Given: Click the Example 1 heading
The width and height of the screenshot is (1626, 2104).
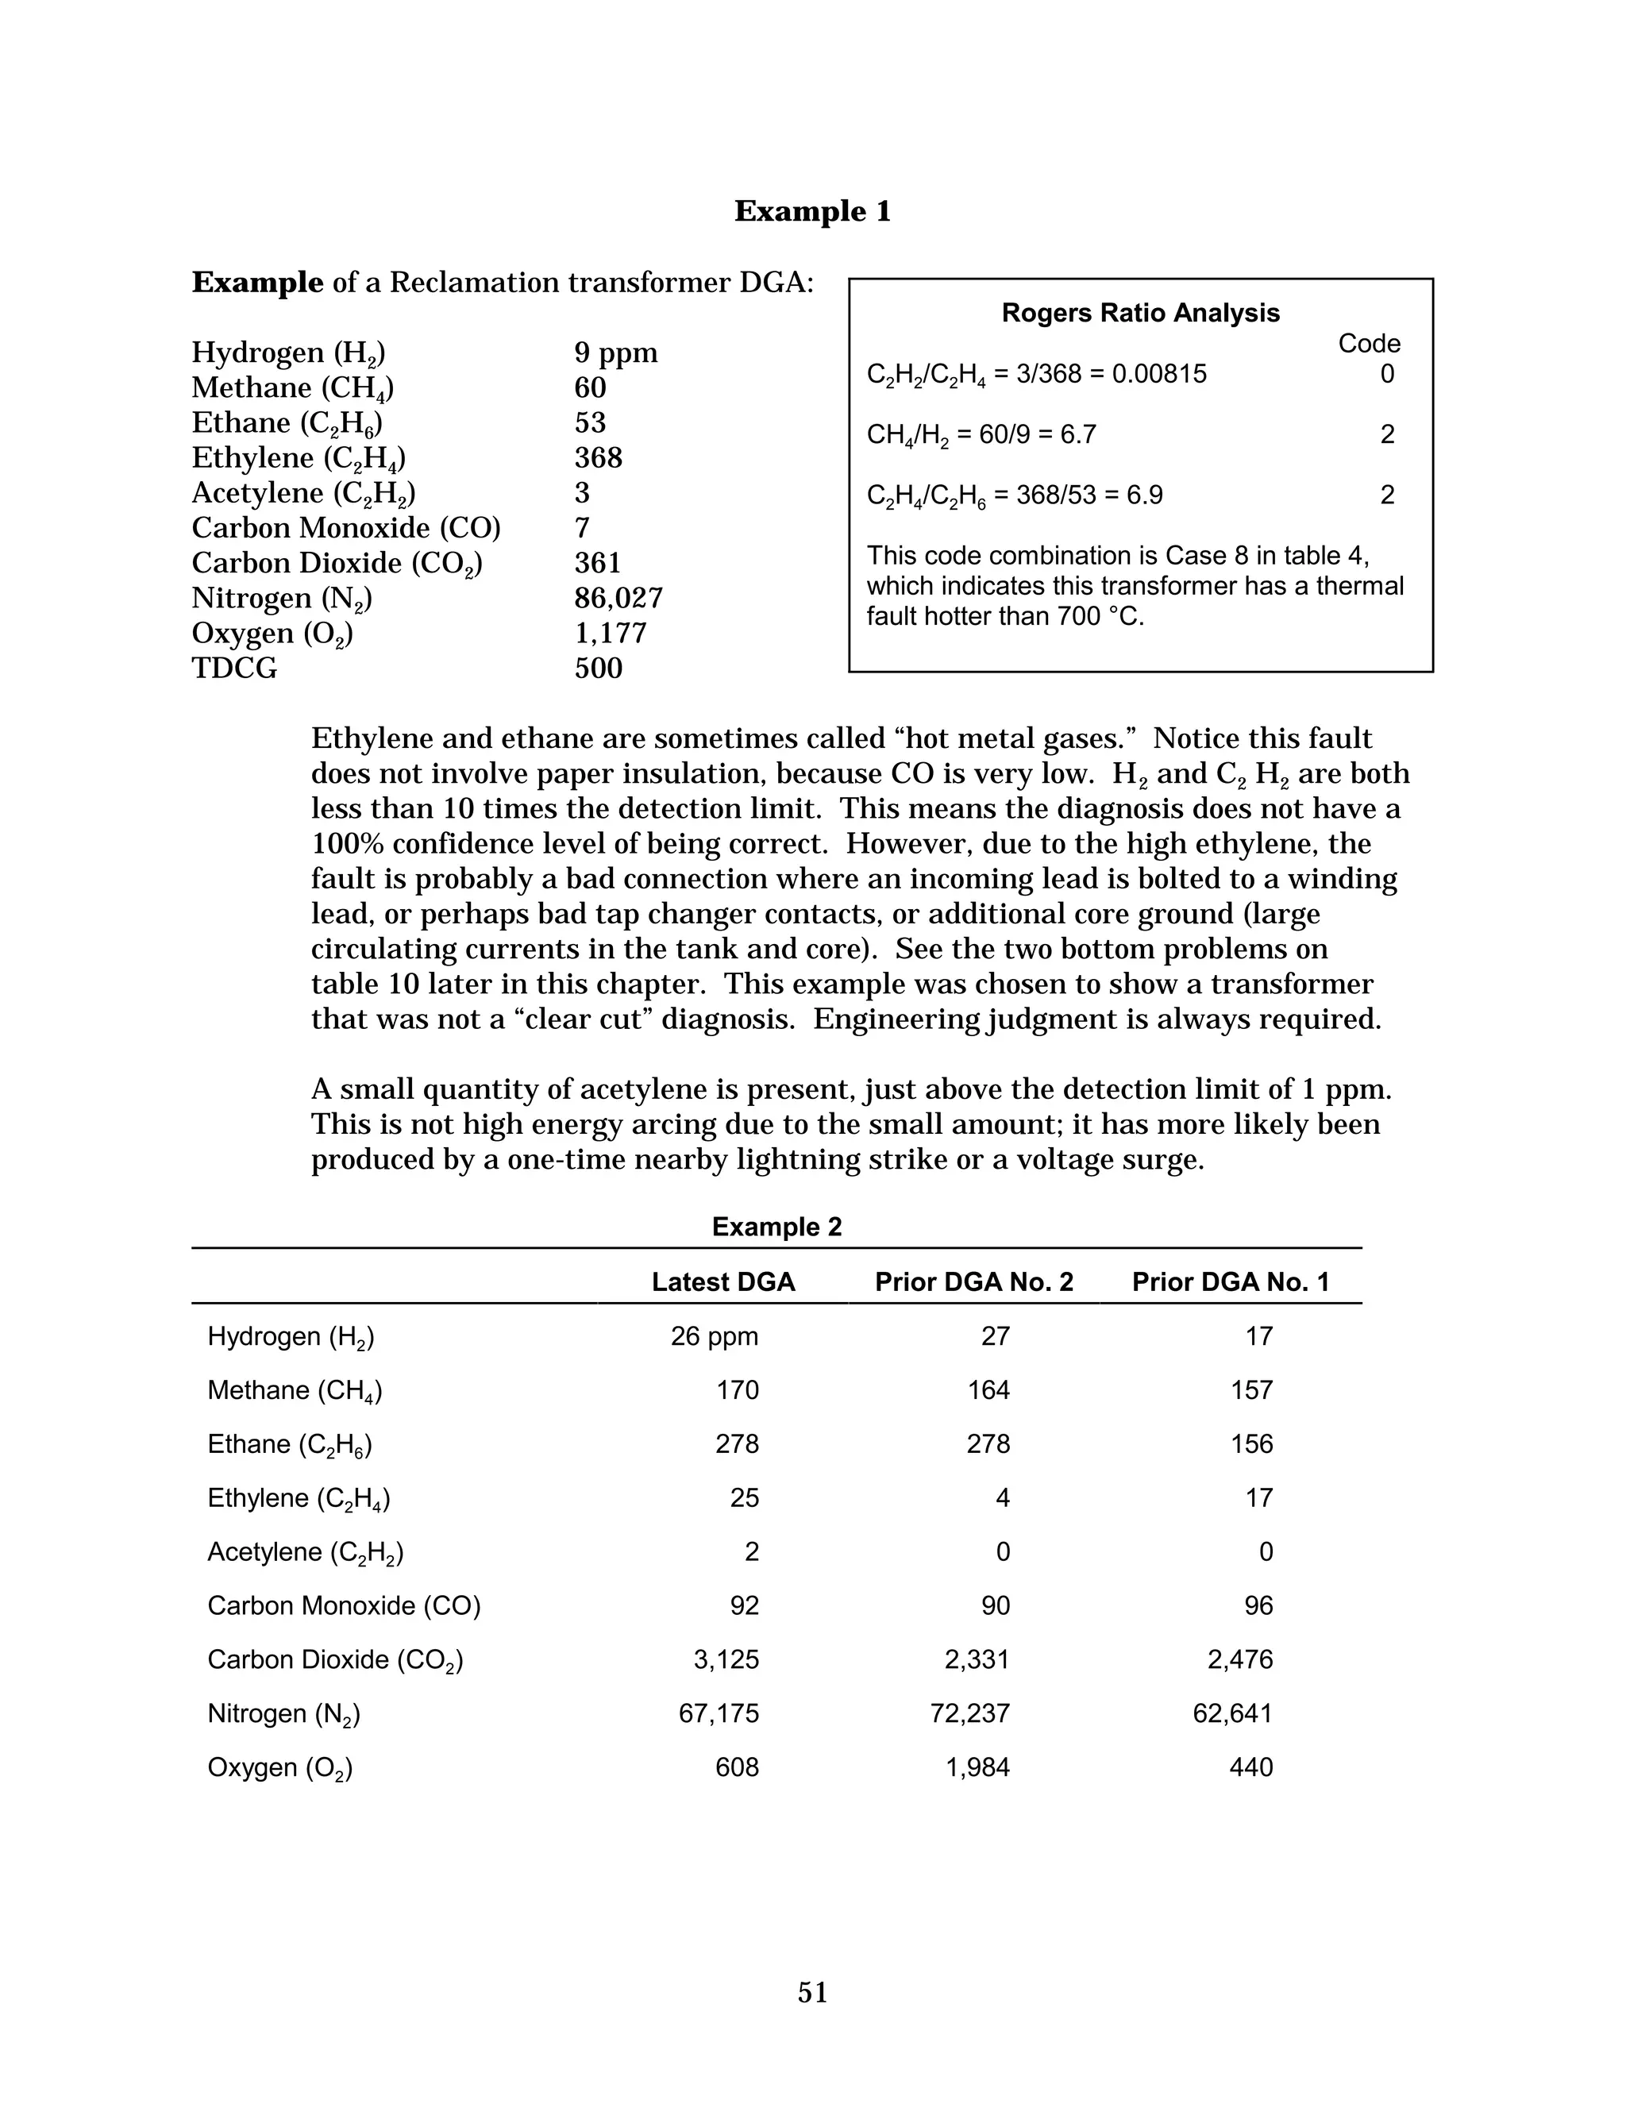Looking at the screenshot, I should [x=812, y=211].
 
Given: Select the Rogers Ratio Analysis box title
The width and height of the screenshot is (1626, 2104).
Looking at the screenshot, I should [x=1141, y=313].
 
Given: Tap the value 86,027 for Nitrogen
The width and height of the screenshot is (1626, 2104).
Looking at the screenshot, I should [x=618, y=599].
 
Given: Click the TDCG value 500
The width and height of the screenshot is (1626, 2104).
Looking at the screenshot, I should [x=598, y=669].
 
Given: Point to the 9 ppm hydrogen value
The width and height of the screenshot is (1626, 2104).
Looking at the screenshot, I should [x=615, y=353].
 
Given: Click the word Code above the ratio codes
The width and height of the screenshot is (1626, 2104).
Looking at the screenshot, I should [x=1369, y=344].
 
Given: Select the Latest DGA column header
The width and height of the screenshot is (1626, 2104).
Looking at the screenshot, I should [x=723, y=1282].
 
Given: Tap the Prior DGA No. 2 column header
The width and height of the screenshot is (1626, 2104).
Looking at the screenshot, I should [x=974, y=1282].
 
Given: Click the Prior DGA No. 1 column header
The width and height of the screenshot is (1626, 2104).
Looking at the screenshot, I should [x=1230, y=1282].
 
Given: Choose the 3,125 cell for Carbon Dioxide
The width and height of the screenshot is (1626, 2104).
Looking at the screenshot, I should [x=726, y=1660].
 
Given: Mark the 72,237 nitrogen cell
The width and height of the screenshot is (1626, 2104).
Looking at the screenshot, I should [x=970, y=1714].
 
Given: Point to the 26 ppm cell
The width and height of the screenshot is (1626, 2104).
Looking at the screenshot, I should [x=714, y=1336].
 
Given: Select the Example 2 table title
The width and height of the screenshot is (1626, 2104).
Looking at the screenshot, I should [x=776, y=1227].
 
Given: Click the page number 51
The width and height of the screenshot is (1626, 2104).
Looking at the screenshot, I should [x=812, y=1992].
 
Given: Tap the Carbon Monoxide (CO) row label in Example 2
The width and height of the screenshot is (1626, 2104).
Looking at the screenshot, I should [x=344, y=1606].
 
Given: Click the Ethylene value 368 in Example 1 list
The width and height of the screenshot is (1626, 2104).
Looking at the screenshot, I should [x=598, y=457].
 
